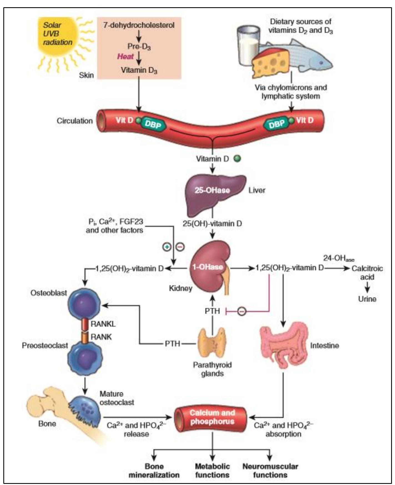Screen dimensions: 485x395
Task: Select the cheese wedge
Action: (x=271, y=64)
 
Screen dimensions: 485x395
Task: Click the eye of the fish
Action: (x=321, y=63)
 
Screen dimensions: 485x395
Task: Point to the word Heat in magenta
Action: (x=125, y=56)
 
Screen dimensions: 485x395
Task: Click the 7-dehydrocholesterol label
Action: (x=139, y=25)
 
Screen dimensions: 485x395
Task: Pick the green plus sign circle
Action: (x=167, y=247)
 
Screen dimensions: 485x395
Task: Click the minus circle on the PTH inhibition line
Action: (x=241, y=311)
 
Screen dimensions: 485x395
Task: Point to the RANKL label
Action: (x=103, y=324)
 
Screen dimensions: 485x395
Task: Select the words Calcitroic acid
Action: (x=367, y=273)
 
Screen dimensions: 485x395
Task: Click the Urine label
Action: (x=367, y=299)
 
